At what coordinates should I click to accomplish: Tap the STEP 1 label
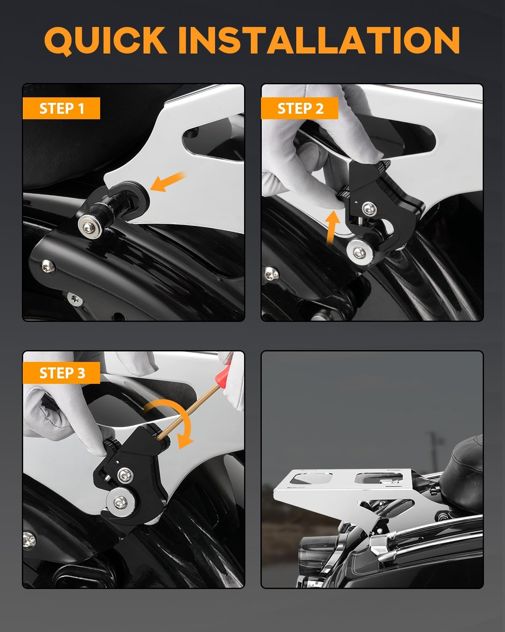coord(61,108)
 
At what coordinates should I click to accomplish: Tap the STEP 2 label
coord(300,108)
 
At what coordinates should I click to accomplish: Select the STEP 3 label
coord(61,373)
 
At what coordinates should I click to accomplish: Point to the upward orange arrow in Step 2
coord(332,227)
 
